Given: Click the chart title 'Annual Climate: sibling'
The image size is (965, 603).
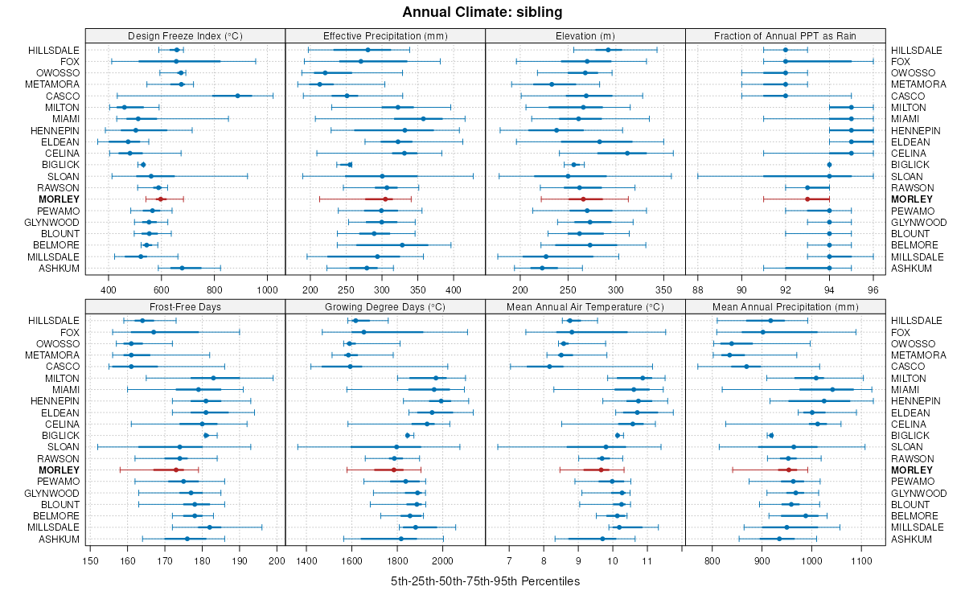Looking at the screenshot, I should point(482,12).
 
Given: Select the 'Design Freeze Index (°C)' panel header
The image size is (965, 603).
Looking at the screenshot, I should point(185,35).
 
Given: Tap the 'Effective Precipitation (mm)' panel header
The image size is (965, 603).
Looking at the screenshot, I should point(385,35).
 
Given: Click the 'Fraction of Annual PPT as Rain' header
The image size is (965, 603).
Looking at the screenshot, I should point(785,35).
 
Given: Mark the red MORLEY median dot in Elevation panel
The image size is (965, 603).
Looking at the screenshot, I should point(583,199).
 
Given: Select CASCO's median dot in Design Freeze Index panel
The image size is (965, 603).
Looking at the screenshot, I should point(237,96).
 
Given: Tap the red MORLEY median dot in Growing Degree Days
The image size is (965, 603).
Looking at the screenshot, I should point(394,470).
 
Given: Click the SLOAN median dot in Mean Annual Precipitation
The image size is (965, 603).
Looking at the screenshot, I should point(794,447).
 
